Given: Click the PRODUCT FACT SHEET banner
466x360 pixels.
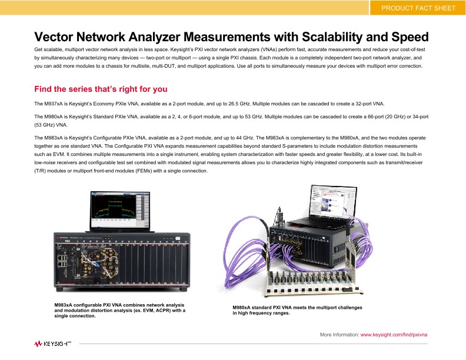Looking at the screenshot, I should click(418, 8).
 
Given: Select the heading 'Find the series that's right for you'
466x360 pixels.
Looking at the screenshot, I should click(101, 89).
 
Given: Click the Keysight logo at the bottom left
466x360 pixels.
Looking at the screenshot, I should click(52, 343).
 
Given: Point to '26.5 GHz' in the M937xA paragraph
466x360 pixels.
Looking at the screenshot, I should click(235, 104).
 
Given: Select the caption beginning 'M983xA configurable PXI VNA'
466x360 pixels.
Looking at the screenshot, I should click(119, 310).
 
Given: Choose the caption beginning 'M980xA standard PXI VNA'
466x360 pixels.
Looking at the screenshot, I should click(297, 310).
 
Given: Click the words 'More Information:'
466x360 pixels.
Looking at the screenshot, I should click(339, 334).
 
